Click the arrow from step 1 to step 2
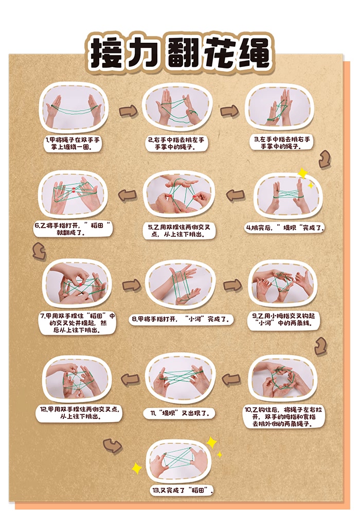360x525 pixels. click(128, 111)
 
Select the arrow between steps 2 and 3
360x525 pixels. click(229, 111)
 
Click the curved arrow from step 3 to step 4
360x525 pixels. click(325, 160)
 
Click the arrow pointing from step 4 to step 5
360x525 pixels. click(236, 195)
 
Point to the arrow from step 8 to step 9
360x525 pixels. click(232, 285)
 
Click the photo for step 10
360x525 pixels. click(282, 378)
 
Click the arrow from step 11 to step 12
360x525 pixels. click(130, 379)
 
